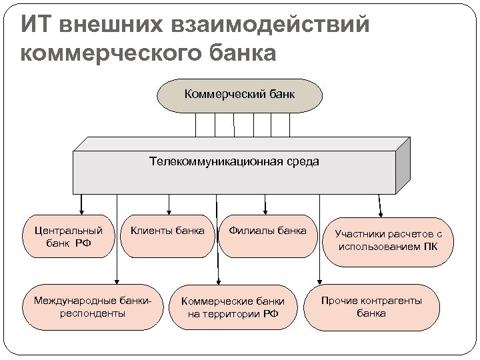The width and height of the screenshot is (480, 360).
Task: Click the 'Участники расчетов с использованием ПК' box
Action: click(x=389, y=241)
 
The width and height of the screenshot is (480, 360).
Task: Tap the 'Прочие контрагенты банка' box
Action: click(x=371, y=307)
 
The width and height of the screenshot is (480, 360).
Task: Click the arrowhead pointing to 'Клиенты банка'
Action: click(x=169, y=211)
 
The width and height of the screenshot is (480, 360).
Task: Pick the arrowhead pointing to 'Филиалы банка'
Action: click(x=267, y=211)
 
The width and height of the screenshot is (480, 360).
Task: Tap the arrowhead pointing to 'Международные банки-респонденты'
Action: click(x=117, y=281)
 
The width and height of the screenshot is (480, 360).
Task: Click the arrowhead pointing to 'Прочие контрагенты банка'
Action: click(x=320, y=281)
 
